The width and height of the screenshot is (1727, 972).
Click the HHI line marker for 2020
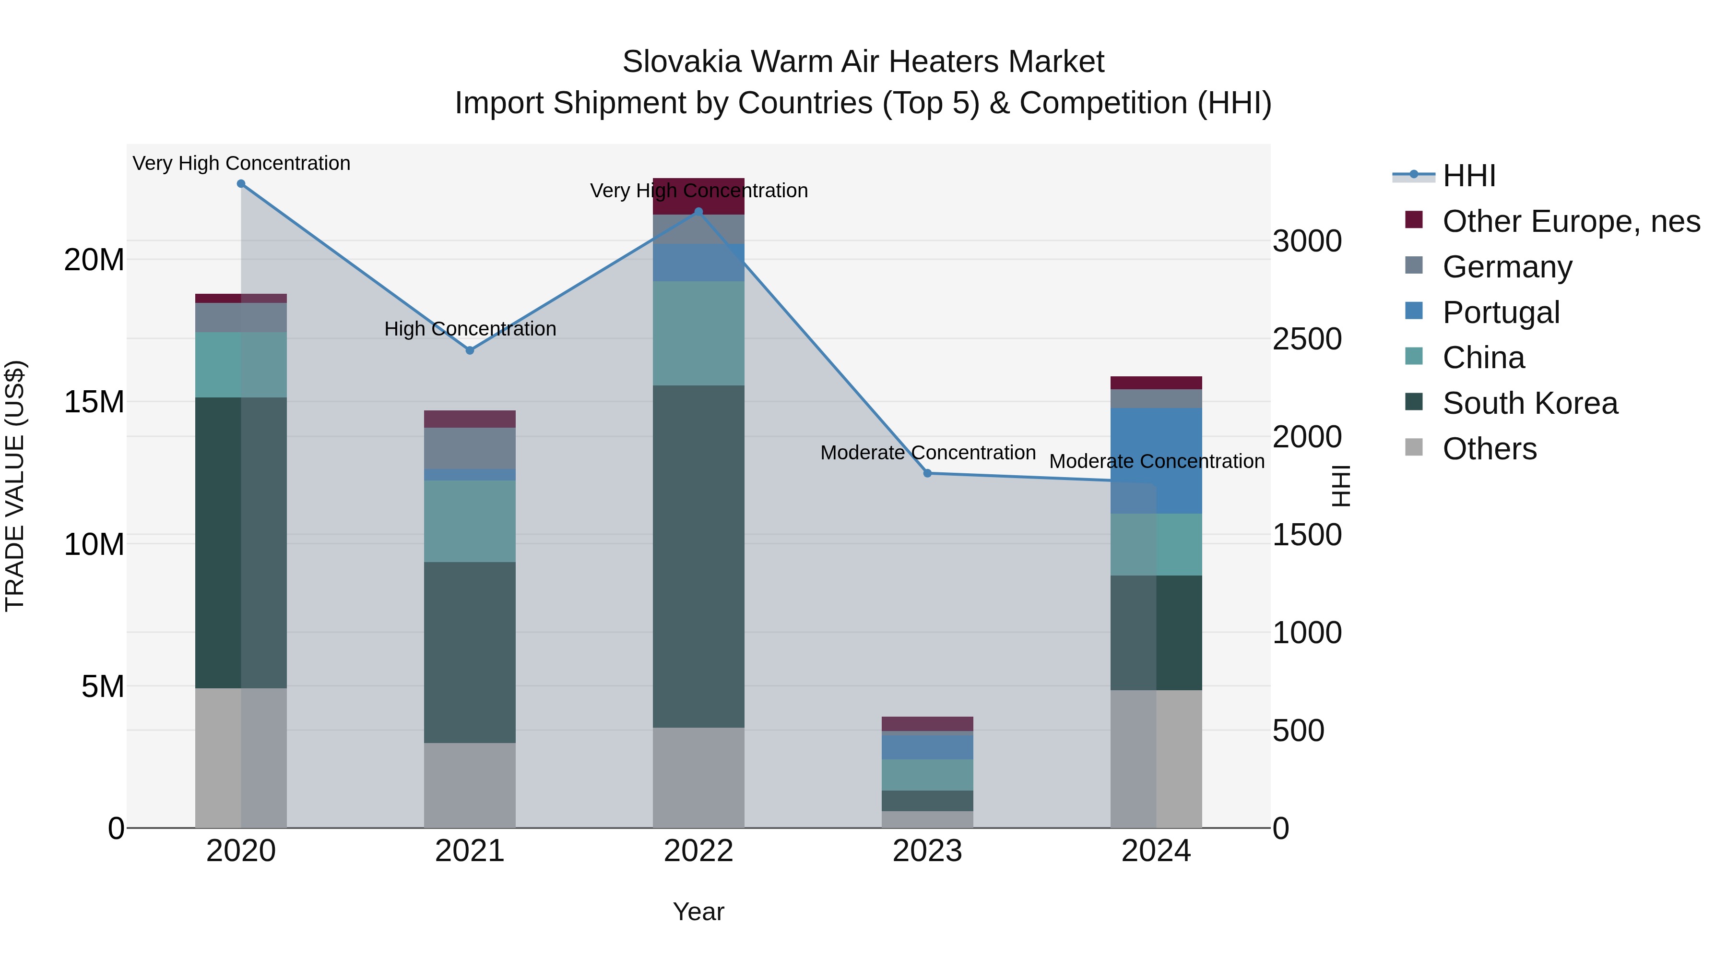coord(241,184)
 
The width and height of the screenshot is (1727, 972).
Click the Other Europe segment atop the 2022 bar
coord(698,196)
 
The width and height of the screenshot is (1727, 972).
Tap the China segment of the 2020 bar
coord(241,364)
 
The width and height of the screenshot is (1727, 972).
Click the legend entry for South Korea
coord(1529,403)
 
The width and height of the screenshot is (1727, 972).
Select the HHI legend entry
coord(1468,176)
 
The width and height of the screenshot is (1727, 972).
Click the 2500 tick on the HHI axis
coord(1307,339)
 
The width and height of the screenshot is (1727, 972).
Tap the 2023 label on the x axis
coord(927,851)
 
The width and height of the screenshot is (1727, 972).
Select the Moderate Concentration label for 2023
coord(927,453)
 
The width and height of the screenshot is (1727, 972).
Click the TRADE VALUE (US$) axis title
coord(15,486)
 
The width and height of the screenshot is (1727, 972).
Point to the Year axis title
coord(698,912)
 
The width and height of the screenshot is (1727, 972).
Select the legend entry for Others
coord(1489,449)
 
